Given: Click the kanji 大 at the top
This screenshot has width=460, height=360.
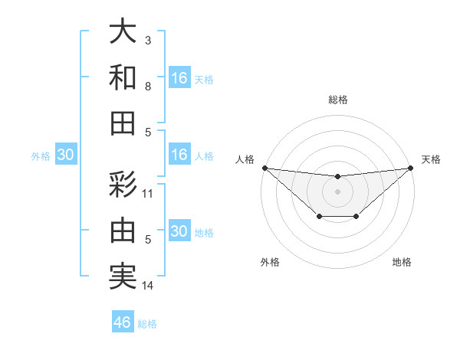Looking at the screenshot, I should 122,32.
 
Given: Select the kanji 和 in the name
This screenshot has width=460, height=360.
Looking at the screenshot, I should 122,77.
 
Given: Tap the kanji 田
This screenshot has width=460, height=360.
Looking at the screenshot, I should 122,123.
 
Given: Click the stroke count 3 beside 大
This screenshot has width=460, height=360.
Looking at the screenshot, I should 148,40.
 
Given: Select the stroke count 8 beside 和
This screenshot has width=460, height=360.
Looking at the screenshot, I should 148,87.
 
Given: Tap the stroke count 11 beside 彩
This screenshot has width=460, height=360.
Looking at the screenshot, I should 148,193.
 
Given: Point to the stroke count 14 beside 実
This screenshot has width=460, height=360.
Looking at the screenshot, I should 148,286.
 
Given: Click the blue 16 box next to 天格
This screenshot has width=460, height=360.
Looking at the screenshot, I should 179,77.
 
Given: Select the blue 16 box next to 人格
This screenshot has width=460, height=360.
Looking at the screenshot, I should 179,155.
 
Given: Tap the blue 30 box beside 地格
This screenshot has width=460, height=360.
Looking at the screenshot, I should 179,231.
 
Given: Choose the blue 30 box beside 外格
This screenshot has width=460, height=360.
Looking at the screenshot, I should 65,155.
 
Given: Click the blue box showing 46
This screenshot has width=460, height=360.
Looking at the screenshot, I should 123,322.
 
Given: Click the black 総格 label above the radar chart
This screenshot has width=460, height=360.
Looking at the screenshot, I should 337,100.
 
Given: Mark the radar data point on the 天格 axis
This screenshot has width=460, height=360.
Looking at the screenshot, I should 411,168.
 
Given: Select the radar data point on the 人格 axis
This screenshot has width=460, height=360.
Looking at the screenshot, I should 264,168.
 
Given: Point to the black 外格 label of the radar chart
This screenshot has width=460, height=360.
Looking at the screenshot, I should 270,263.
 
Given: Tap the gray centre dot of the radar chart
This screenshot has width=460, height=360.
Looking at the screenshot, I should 337,191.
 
